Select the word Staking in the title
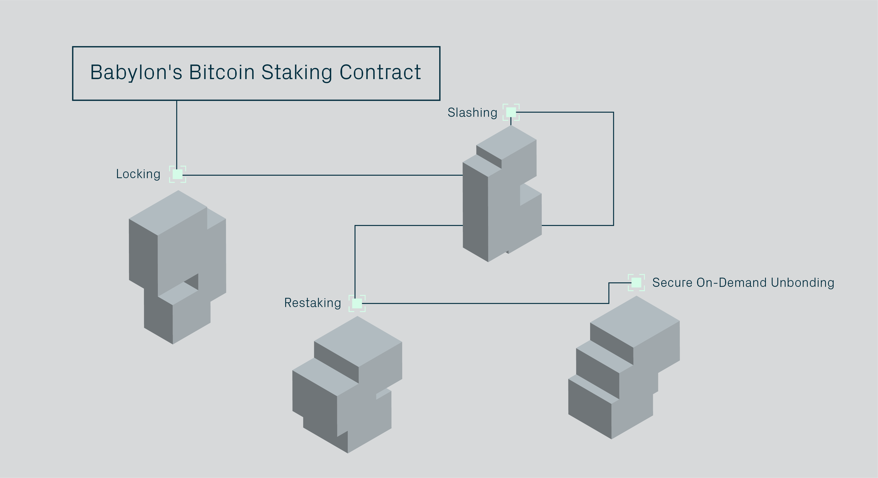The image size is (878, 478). tap(297, 73)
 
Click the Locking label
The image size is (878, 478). tap(138, 174)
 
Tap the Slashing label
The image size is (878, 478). tap(472, 112)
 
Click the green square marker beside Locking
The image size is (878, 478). tap(178, 174)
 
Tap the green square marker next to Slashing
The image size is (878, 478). tap(511, 112)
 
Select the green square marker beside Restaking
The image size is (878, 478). tap(357, 303)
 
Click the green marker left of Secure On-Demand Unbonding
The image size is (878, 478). tap(636, 282)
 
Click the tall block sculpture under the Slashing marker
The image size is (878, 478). tap(501, 198)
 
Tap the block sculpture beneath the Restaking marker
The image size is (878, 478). tap(348, 385)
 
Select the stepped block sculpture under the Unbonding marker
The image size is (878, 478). tap(624, 368)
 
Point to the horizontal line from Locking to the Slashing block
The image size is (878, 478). tap(320, 175)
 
